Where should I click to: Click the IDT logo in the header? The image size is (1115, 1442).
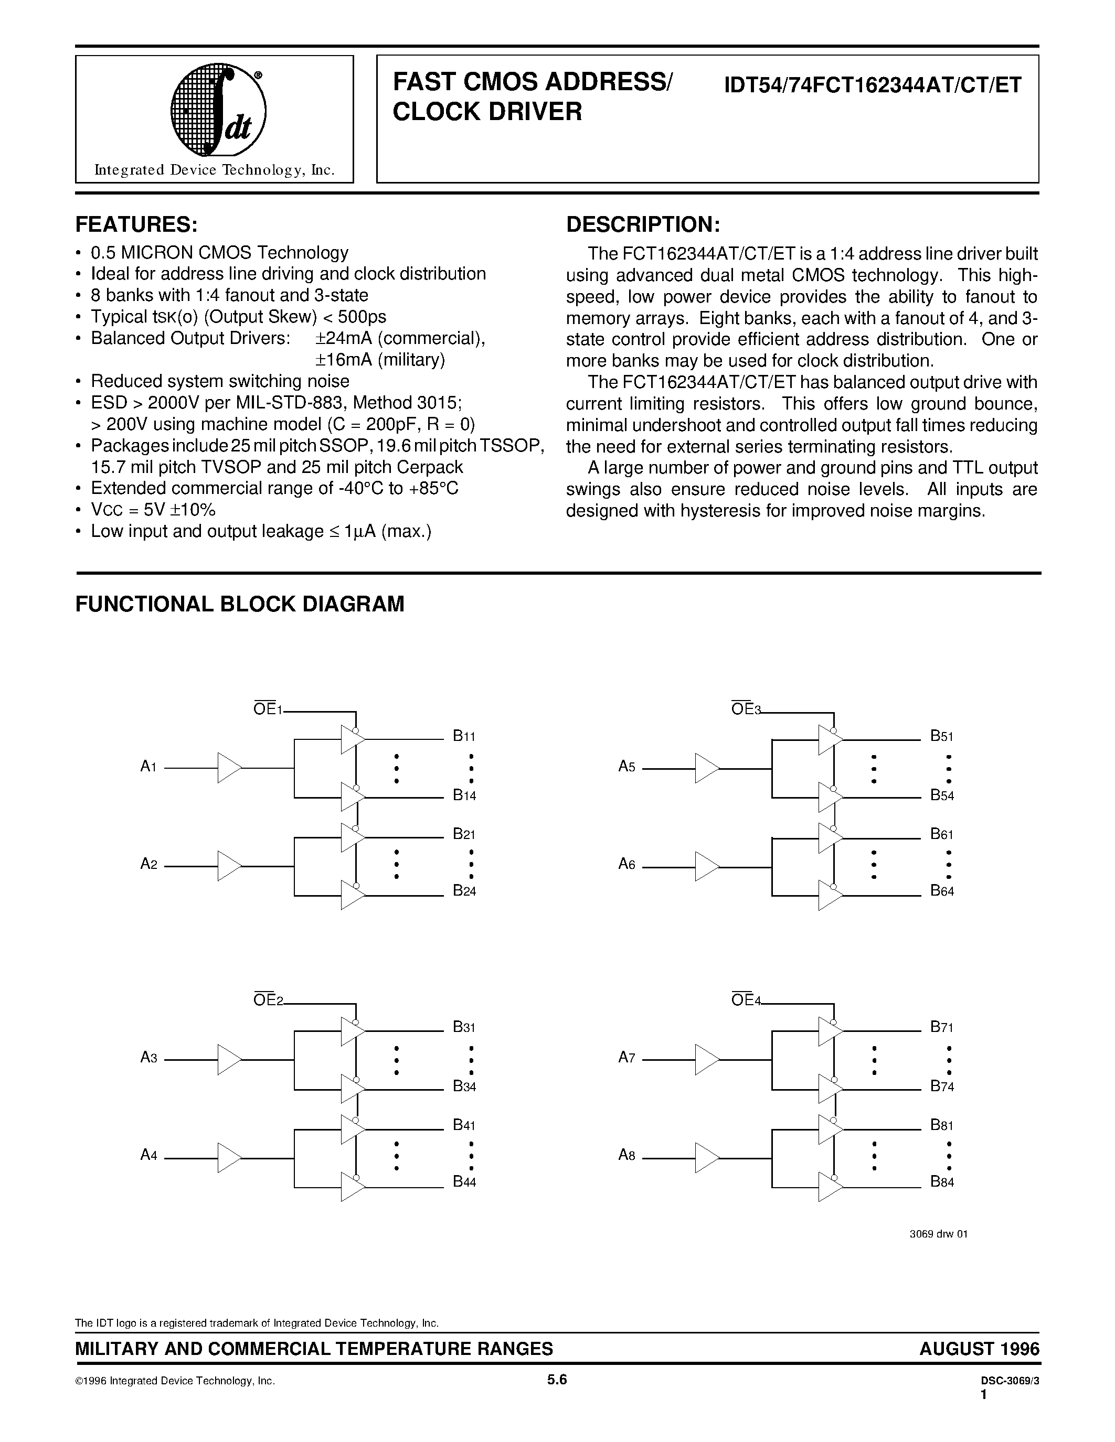click(218, 110)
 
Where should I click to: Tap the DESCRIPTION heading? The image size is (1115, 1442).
click(643, 224)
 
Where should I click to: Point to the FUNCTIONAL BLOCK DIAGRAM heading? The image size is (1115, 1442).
click(240, 604)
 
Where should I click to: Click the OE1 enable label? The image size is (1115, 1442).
click(268, 710)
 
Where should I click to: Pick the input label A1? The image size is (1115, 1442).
click(148, 767)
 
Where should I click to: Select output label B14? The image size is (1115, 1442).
click(464, 795)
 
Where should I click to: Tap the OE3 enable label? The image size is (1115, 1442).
click(746, 710)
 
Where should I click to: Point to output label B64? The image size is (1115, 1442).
click(942, 891)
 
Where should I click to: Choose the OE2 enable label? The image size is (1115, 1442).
click(268, 1001)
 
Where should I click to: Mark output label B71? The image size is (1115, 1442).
click(942, 1027)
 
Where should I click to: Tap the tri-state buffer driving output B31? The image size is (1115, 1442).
click(352, 1031)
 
